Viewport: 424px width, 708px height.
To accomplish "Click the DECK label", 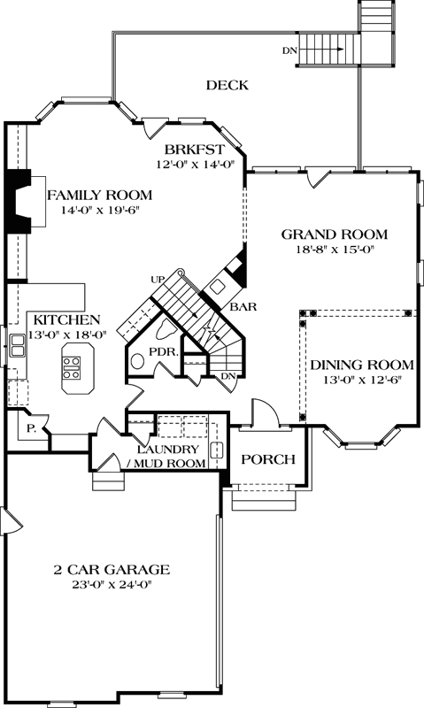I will point(227,85).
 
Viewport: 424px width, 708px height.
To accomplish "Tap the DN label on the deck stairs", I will point(289,50).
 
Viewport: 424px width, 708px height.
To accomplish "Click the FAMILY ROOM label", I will point(99,195).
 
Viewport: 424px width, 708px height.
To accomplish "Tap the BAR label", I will point(243,307).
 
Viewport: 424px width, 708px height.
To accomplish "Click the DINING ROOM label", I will point(361,364).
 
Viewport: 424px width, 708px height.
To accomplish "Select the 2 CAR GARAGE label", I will point(112,569).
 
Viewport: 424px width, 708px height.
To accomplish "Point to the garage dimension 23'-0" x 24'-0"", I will point(112,584).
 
